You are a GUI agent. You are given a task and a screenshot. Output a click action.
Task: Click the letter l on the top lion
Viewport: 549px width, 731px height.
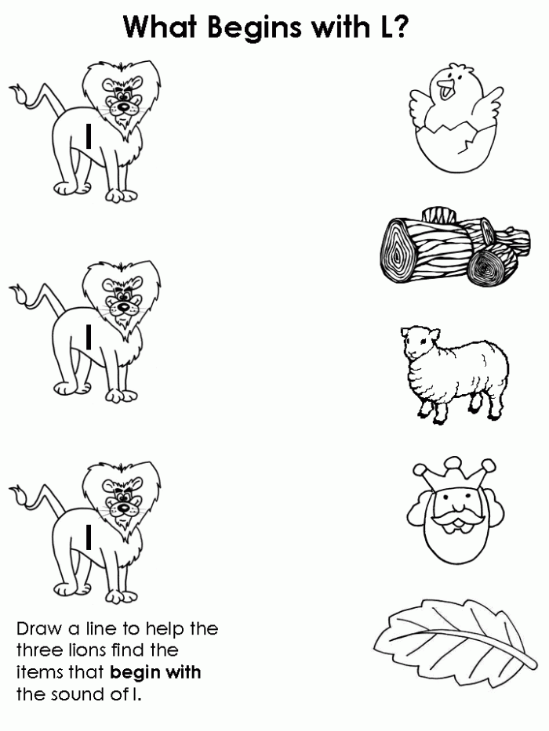[x=89, y=137]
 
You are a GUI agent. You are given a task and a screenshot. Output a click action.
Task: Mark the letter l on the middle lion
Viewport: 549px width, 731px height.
[x=89, y=337]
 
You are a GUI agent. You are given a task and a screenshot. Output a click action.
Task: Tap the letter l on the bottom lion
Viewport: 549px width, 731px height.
[x=89, y=537]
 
